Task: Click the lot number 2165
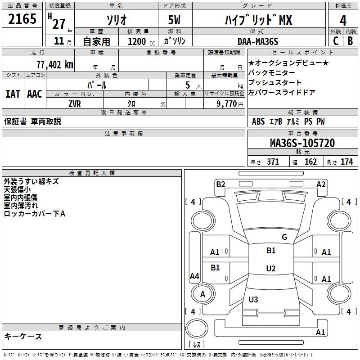22,20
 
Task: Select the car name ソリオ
116,20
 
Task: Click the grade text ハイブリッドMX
258,20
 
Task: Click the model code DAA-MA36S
258,41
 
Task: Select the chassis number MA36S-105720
302,143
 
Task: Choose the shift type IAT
13,94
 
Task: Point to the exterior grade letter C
335,41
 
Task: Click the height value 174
346,162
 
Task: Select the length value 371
273,162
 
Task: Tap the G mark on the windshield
284,237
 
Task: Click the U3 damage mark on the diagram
253,300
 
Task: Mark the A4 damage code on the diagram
194,276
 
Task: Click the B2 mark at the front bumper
220,184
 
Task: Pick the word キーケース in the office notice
23,336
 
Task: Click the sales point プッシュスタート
275,83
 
